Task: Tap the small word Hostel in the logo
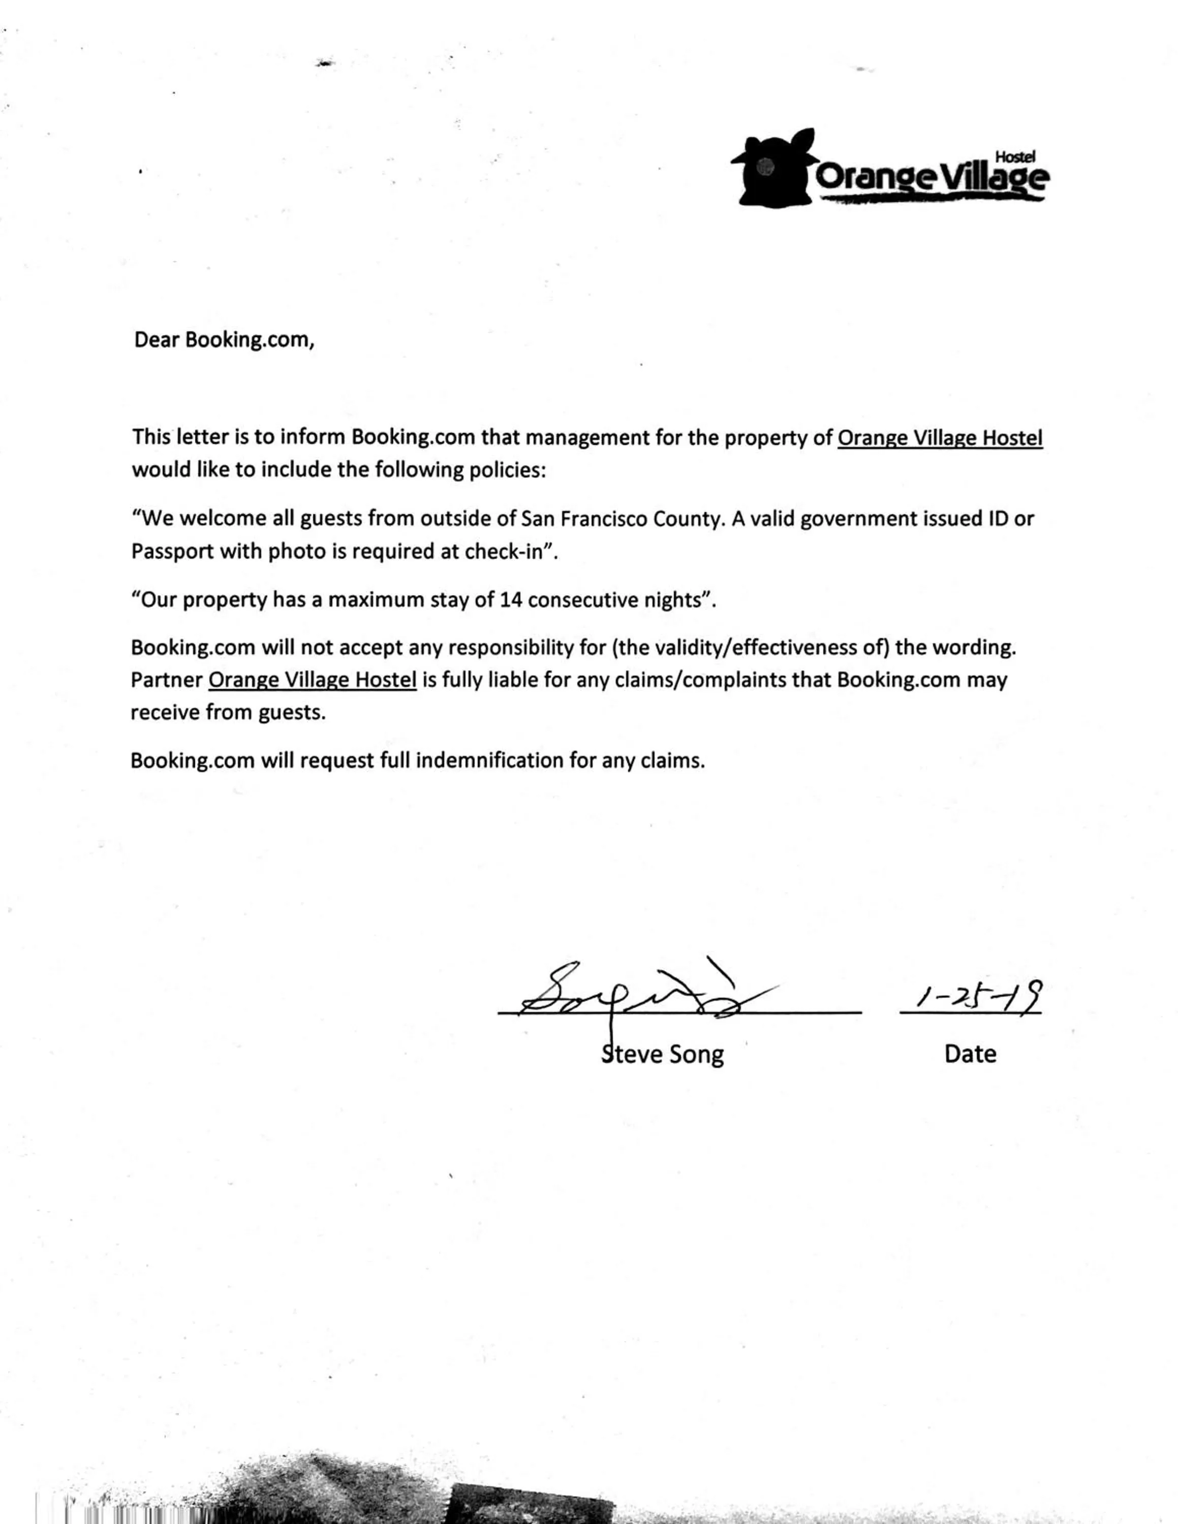click(x=1015, y=157)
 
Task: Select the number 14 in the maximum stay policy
click(x=511, y=600)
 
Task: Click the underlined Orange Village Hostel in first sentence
click(x=939, y=437)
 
